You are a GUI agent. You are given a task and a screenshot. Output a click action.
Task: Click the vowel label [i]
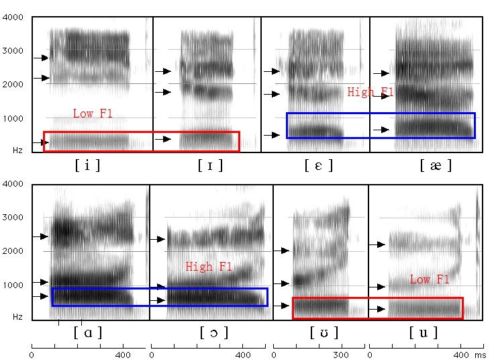click(x=87, y=165)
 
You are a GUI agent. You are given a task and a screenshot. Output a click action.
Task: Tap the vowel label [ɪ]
click(x=211, y=165)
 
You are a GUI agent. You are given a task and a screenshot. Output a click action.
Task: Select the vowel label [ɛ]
click(x=318, y=165)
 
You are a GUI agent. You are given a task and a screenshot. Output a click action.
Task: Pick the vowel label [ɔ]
click(x=214, y=332)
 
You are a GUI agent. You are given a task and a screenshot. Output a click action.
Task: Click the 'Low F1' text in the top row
click(x=93, y=114)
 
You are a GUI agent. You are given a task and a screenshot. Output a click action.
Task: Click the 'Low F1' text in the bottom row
click(x=430, y=279)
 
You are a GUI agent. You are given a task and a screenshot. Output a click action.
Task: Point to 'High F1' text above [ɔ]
click(x=208, y=267)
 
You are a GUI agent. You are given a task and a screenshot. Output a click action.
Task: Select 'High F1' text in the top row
click(x=370, y=93)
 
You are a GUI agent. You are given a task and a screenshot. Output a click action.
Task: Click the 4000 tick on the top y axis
click(x=16, y=17)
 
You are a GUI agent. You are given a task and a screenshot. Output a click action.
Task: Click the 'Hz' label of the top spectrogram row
click(x=18, y=150)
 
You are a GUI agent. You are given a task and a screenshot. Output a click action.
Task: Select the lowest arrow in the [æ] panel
click(x=384, y=129)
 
